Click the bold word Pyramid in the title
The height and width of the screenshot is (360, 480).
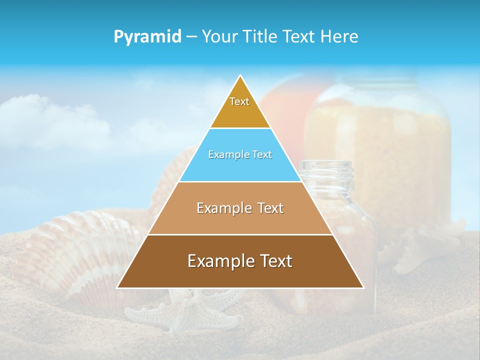pos(147,37)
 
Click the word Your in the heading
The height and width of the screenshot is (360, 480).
pos(219,36)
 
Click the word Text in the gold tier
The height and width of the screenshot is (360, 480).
pos(239,101)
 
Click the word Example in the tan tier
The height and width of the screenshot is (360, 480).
pos(219,208)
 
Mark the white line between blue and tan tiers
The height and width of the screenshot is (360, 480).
pos(240,181)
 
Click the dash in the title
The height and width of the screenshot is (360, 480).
pos(191,37)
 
